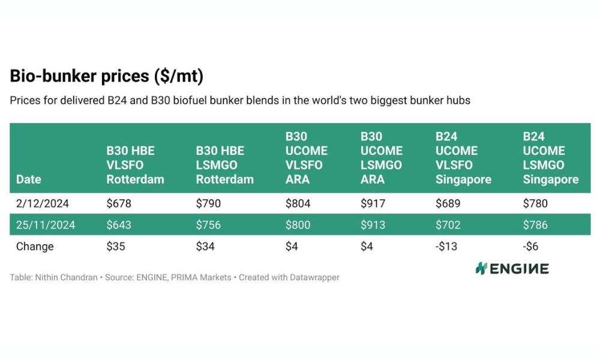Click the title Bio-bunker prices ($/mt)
[x=107, y=76]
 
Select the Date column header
[x=28, y=179]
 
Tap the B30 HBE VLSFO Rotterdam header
[x=135, y=165]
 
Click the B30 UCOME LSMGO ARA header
[x=381, y=158]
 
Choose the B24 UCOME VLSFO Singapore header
[x=463, y=158]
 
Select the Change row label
[x=35, y=247]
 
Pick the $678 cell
[x=119, y=203]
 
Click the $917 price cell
[x=373, y=203]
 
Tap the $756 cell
[x=208, y=225]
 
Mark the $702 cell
[x=448, y=225]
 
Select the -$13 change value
[x=446, y=247]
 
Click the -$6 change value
[x=531, y=247]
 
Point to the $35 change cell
[x=116, y=247]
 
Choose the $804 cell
[x=298, y=203]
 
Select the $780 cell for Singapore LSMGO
[x=535, y=203]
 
